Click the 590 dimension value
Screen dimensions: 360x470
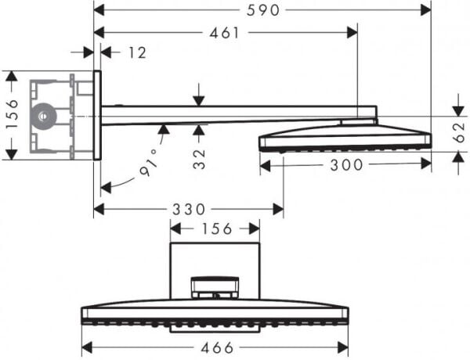click(x=262, y=9)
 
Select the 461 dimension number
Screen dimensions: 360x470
click(x=224, y=32)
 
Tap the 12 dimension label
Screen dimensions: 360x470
click(x=137, y=52)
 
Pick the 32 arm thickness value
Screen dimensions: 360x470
click(x=199, y=158)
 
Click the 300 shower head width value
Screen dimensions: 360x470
click(x=345, y=165)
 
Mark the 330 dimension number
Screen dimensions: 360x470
click(x=187, y=209)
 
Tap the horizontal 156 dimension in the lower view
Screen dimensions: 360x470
click(x=215, y=229)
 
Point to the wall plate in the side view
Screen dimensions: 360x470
click(x=97, y=116)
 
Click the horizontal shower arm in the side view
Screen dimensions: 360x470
click(x=235, y=114)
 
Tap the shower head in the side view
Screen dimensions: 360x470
click(x=345, y=138)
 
